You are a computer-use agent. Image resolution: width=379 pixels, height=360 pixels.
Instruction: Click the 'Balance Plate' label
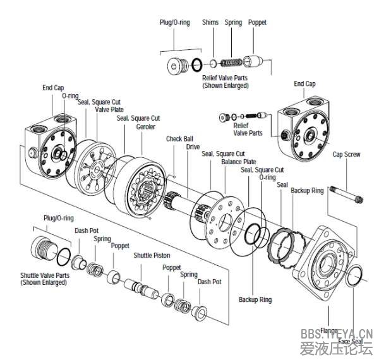pyautogui.click(x=239, y=162)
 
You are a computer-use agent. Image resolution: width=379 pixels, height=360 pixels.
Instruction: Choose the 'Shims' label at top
pyautogui.click(x=210, y=22)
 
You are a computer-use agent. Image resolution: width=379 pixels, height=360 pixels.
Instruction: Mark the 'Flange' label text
pyautogui.click(x=329, y=330)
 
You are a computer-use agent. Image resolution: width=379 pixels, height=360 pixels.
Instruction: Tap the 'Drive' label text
pyautogui.click(x=193, y=147)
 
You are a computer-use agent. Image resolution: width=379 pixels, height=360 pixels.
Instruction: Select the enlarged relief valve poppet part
pyautogui.click(x=255, y=62)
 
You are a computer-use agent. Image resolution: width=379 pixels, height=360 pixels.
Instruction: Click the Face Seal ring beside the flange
pyautogui.click(x=356, y=276)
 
